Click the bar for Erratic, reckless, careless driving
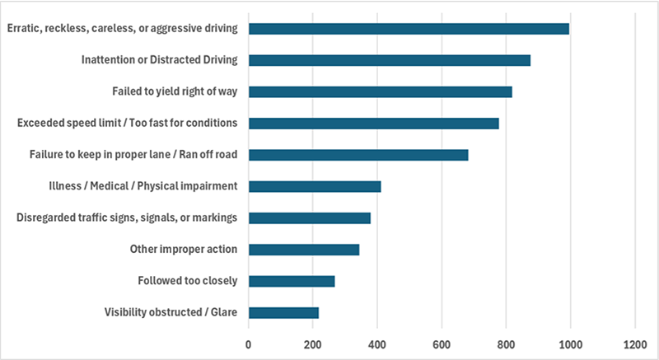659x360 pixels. click(x=409, y=29)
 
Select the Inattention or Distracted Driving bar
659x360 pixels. click(x=390, y=60)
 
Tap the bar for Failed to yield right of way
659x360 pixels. click(x=381, y=92)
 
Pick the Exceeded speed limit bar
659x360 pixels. click(x=374, y=124)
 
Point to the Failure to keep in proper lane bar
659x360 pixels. click(x=358, y=155)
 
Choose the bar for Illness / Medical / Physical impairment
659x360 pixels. click(x=315, y=186)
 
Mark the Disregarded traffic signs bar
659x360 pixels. click(x=310, y=218)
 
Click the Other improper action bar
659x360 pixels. click(x=304, y=250)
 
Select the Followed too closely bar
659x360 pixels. click(x=292, y=282)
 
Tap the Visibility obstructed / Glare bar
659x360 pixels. click(x=283, y=313)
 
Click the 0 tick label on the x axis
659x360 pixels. click(x=249, y=345)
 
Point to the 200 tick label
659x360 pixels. click(x=313, y=345)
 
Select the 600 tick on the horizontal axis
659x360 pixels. click(x=442, y=345)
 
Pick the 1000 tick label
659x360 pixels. click(x=570, y=345)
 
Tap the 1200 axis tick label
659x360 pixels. click(x=635, y=345)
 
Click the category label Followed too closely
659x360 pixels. click(x=188, y=281)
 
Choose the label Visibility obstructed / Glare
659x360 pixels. click(x=171, y=312)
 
